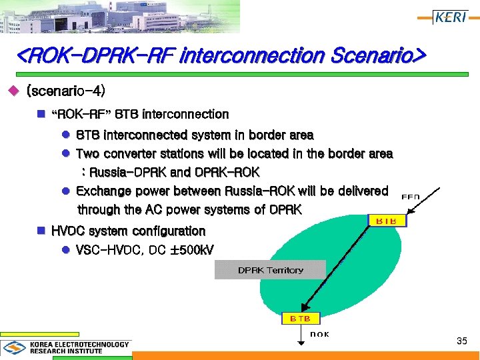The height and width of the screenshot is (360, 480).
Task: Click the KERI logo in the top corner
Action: [x=450, y=17]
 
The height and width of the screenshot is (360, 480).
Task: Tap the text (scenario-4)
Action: [x=65, y=90]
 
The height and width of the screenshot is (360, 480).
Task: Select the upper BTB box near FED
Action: [x=387, y=220]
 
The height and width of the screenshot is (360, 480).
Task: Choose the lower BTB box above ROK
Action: [x=300, y=319]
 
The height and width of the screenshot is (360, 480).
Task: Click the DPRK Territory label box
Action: [x=270, y=270]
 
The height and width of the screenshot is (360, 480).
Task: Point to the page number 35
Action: [x=461, y=341]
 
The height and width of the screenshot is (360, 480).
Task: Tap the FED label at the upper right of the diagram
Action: [x=411, y=197]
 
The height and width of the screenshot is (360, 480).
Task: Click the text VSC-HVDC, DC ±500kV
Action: [x=145, y=250]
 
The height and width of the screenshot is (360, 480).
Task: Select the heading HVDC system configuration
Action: [x=128, y=231]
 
